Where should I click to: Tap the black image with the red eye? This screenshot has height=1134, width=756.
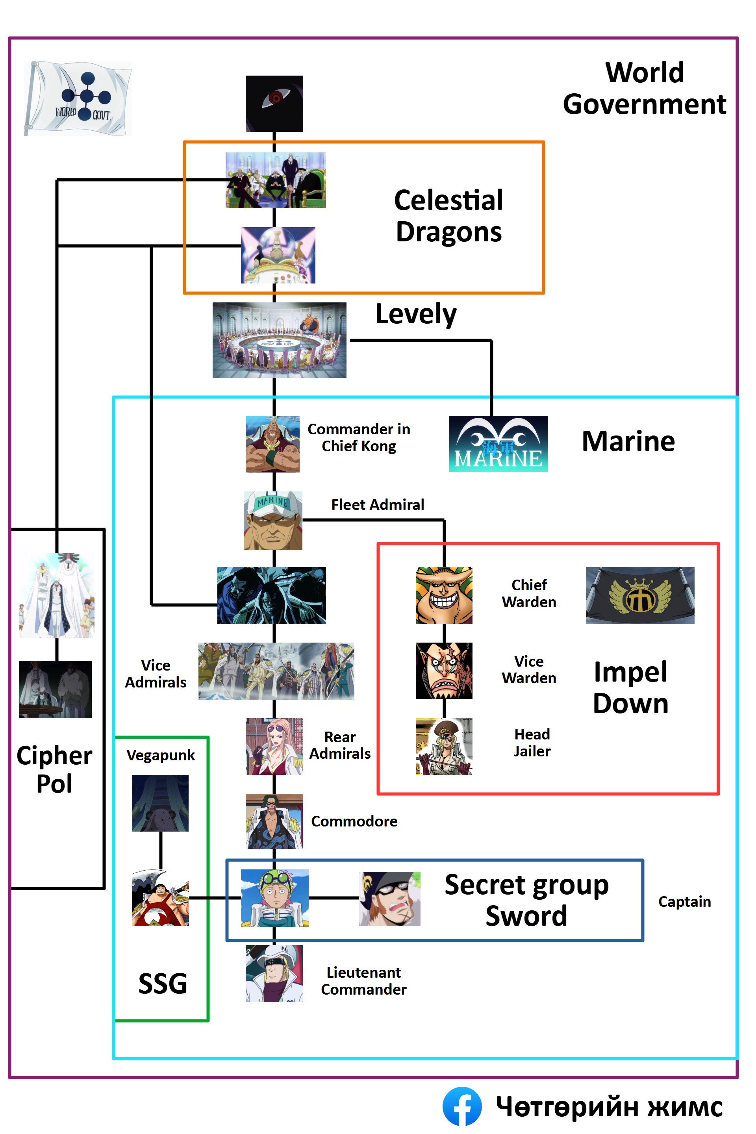coord(274,103)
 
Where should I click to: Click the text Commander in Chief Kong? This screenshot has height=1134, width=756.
coord(359,437)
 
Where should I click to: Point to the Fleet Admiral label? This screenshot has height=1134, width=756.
coord(378,504)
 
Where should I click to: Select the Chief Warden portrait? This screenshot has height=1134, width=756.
coord(444,595)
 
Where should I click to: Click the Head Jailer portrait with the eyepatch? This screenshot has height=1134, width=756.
coord(444,747)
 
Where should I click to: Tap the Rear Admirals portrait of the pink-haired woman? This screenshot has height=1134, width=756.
coord(274,747)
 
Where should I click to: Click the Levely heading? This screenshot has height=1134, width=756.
coord(416,314)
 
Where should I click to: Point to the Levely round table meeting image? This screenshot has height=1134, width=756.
coord(279,340)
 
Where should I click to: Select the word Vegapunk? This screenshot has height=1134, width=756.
coord(161,755)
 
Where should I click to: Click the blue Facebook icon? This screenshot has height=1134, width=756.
coord(462,1106)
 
